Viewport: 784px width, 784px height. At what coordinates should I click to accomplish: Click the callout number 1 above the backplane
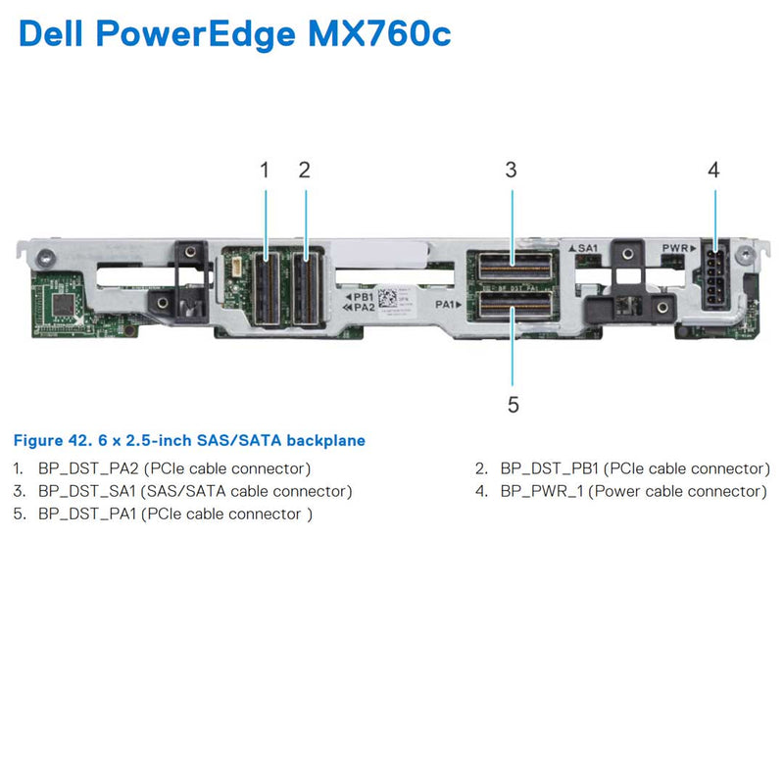click(x=265, y=170)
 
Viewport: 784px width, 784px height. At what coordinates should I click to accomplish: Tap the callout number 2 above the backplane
click(x=305, y=170)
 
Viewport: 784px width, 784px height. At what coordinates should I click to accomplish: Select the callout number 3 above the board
click(x=511, y=170)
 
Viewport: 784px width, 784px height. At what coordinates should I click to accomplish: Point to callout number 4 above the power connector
click(x=713, y=170)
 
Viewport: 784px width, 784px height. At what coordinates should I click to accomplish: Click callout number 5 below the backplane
click(x=513, y=404)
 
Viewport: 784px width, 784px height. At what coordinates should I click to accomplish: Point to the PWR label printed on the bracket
click(x=677, y=249)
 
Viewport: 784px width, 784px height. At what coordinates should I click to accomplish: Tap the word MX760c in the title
click(x=377, y=34)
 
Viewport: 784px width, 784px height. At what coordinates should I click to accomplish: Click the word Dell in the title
click(x=57, y=34)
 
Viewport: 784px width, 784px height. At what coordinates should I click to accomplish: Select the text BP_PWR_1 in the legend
click(x=542, y=491)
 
